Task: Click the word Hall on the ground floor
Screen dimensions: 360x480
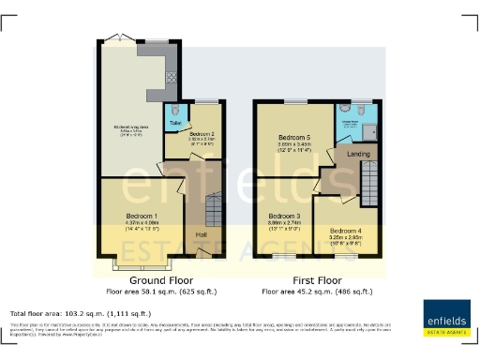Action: (x=202, y=234)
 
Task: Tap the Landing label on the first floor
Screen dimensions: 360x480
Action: (x=356, y=154)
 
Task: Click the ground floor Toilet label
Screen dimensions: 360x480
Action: (x=174, y=122)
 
